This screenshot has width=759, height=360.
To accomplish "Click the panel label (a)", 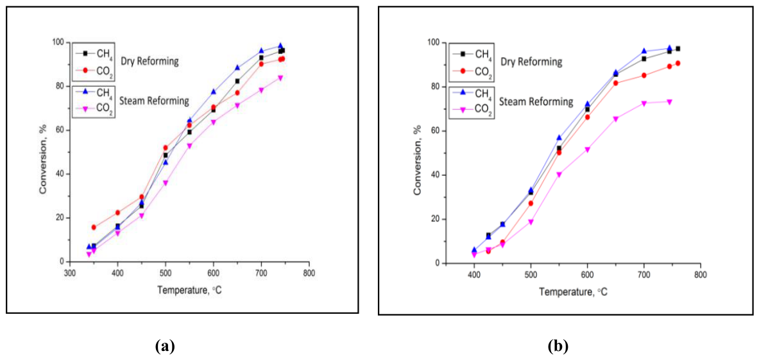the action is pyautogui.click(x=165, y=347).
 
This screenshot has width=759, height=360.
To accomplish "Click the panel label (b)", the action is pyautogui.click(x=557, y=347).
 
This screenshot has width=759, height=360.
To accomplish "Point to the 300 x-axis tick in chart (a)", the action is pyautogui.click(x=70, y=273).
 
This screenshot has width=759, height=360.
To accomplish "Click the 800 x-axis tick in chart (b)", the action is pyautogui.click(x=700, y=275).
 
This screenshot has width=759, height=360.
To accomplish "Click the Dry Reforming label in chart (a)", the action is pyautogui.click(x=151, y=62).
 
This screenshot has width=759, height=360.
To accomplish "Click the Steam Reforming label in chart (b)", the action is pyautogui.click(x=536, y=102).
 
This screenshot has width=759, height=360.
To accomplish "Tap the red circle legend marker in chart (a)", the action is pyautogui.click(x=85, y=70).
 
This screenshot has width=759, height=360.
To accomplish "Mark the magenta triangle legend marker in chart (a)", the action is pyautogui.click(x=85, y=107).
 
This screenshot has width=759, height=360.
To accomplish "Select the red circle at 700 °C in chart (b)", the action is pyautogui.click(x=644, y=76).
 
